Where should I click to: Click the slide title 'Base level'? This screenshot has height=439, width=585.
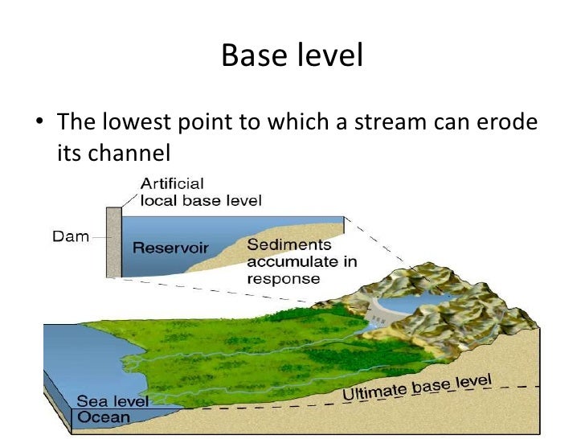click(x=292, y=55)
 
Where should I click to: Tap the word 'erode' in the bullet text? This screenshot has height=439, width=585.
click(x=505, y=121)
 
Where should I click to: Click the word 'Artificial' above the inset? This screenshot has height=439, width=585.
click(x=174, y=184)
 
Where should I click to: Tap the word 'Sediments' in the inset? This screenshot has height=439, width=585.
click(x=278, y=244)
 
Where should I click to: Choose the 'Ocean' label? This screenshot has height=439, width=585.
click(x=103, y=416)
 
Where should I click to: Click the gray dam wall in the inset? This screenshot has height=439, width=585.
click(x=113, y=241)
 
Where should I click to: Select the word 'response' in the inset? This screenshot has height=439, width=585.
click(x=284, y=279)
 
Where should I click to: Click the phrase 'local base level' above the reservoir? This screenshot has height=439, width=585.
click(x=201, y=200)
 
